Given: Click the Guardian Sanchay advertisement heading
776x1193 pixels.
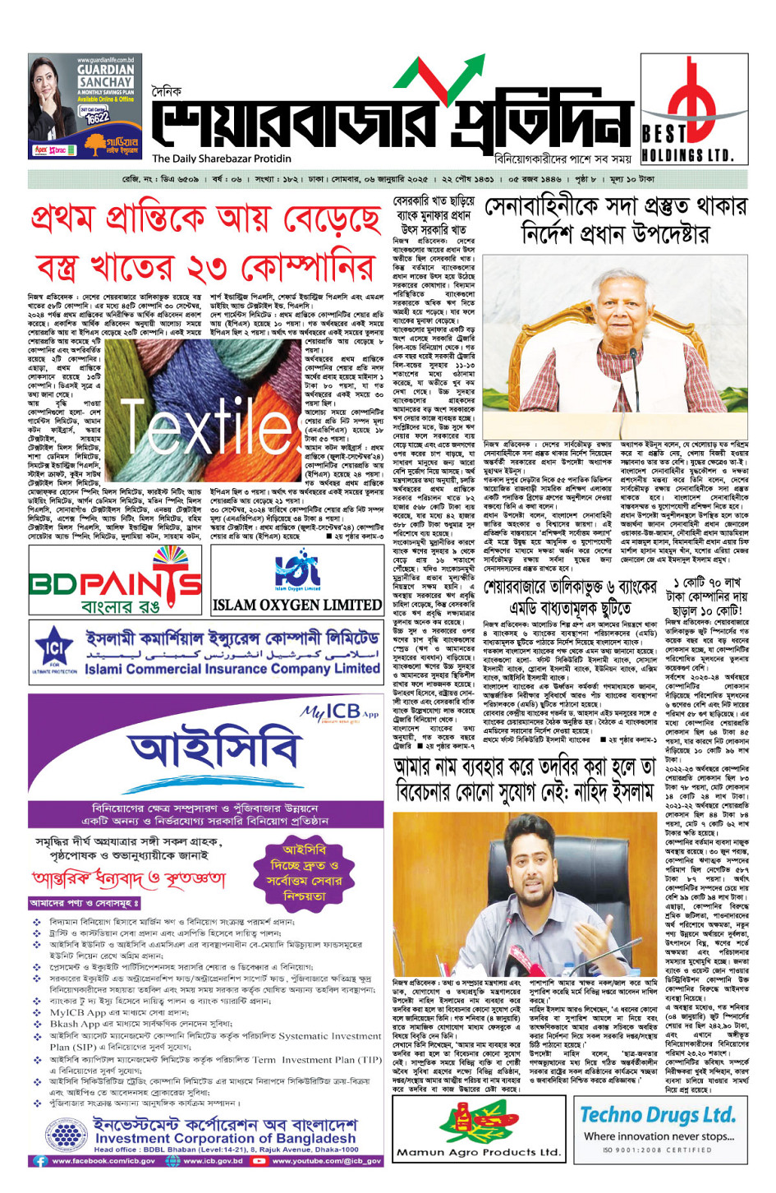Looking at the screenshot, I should point(105,76).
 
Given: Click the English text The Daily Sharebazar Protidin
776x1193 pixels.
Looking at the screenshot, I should point(222,159).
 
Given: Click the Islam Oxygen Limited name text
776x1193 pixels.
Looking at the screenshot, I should point(297,605).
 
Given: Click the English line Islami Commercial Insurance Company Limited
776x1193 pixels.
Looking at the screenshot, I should point(232,669).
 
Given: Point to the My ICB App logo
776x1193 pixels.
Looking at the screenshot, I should point(339,712).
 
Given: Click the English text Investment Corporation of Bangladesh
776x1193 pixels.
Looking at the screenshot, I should point(225,1139).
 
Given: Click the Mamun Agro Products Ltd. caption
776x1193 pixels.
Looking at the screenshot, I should point(479,1152).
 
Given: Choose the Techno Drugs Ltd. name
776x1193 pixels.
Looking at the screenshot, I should point(658,1115).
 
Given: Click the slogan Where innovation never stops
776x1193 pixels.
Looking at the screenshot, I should point(659,1136).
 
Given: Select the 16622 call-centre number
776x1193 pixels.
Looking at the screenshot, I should point(96,117).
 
